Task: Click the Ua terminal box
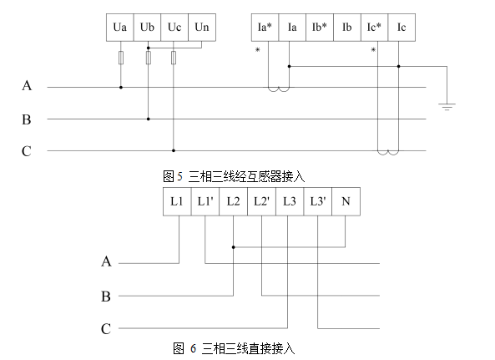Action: pyautogui.click(x=120, y=28)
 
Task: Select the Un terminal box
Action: pyautogui.click(x=202, y=28)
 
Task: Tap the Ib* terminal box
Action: pyautogui.click(x=320, y=28)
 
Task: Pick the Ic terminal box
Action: pyautogui.click(x=402, y=28)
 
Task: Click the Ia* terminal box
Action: pyautogui.click(x=265, y=28)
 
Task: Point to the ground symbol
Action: pyautogui.click(x=447, y=106)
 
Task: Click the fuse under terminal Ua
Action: pyautogui.click(x=121, y=58)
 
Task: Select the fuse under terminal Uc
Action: pyautogui.click(x=174, y=58)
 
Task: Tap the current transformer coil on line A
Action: pyautogui.click(x=279, y=89)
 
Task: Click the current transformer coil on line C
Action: pyautogui.click(x=388, y=153)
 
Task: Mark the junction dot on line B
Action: pyautogui.click(x=149, y=119)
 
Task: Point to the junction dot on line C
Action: pyautogui.click(x=174, y=150)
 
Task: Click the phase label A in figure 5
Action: pyautogui.click(x=27, y=85)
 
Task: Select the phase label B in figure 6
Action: pyautogui.click(x=106, y=297)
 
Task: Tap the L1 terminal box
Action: pyautogui.click(x=177, y=201)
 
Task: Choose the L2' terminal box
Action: pyautogui.click(x=262, y=201)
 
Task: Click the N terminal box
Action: pyautogui.click(x=346, y=201)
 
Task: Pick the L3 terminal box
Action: pyautogui.click(x=290, y=201)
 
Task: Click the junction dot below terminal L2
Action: pyautogui.click(x=233, y=247)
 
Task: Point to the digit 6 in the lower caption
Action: pyautogui.click(x=193, y=348)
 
